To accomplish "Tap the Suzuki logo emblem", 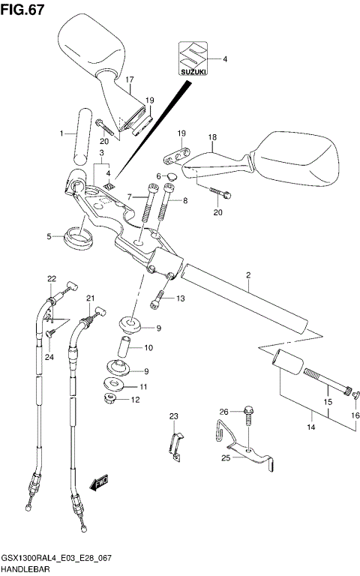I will coord(193,58).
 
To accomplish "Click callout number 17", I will coord(129,79).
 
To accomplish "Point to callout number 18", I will coord(212,137).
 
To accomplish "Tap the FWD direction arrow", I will coord(98,486).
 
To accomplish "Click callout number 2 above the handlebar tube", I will coord(247,276).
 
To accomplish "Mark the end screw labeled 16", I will coord(355,394).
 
